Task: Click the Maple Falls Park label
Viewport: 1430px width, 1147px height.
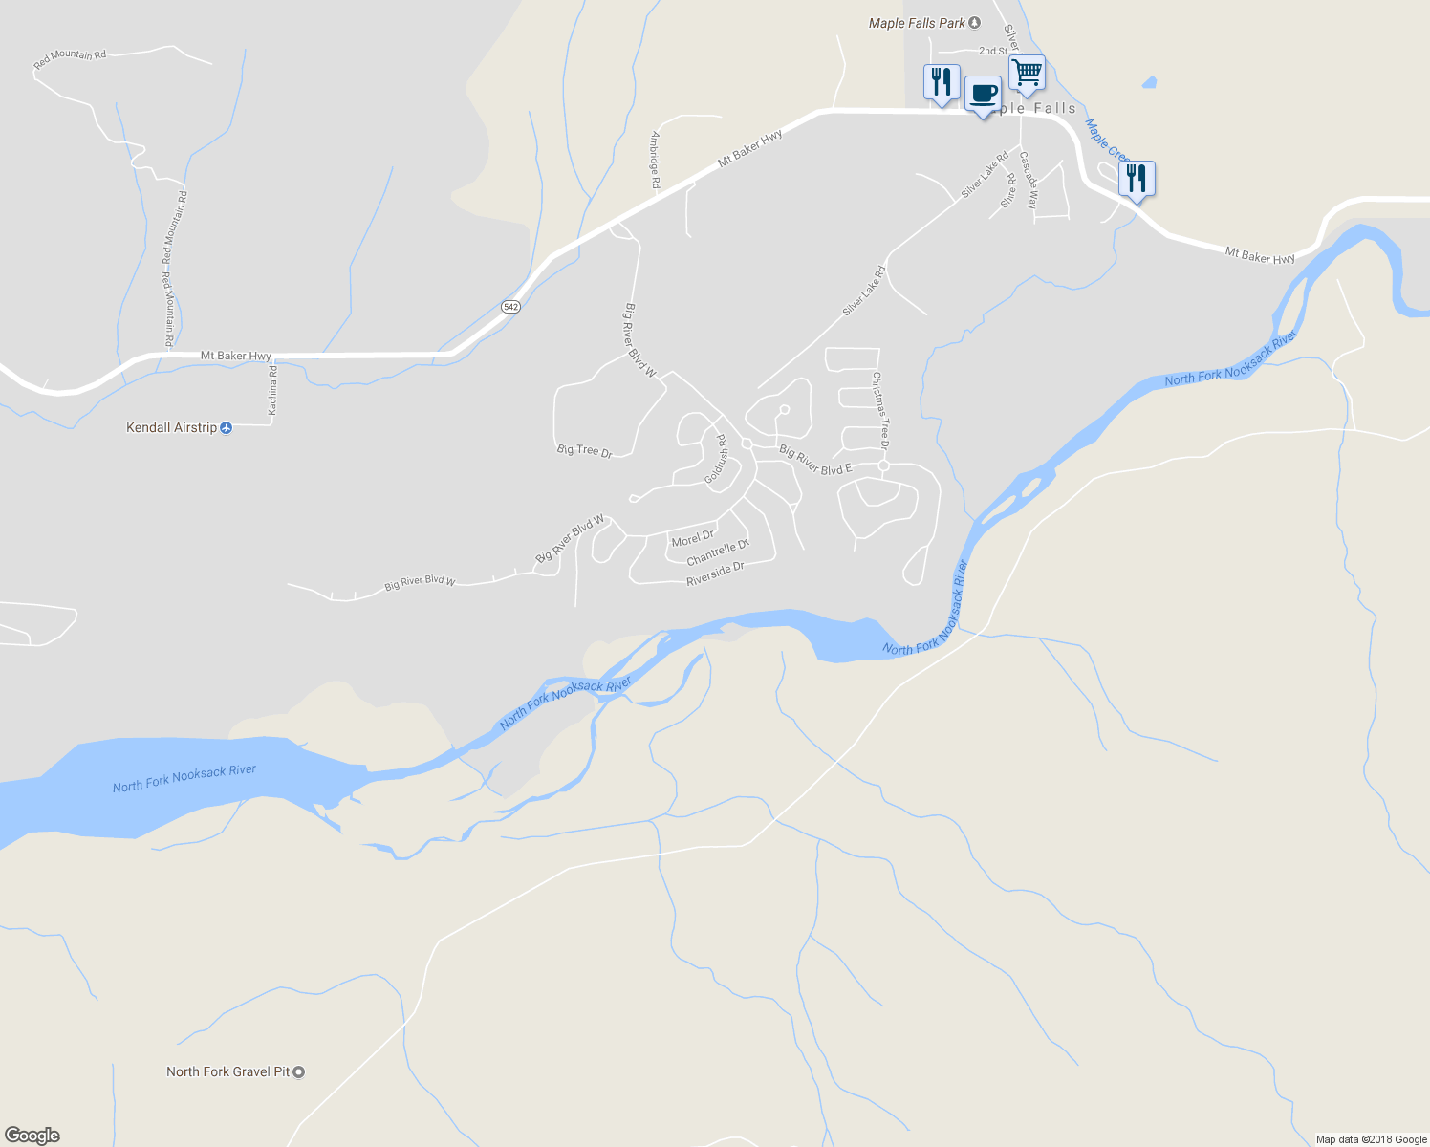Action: pyautogui.click(x=917, y=23)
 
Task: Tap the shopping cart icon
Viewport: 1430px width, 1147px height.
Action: pyautogui.click(x=1027, y=72)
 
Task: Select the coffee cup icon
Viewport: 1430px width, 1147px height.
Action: pyautogui.click(x=983, y=94)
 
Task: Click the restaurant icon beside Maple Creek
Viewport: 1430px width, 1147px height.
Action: pyautogui.click(x=1137, y=178)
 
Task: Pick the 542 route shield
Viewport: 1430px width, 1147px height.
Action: pyautogui.click(x=510, y=307)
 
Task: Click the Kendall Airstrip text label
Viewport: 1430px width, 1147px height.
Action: pyautogui.click(x=172, y=427)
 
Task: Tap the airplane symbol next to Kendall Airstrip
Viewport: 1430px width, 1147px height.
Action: pyautogui.click(x=227, y=427)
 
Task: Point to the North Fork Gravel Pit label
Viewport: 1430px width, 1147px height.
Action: pyautogui.click(x=227, y=1071)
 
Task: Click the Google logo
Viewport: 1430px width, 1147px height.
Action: pyautogui.click(x=32, y=1136)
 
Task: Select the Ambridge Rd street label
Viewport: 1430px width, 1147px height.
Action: pyautogui.click(x=656, y=160)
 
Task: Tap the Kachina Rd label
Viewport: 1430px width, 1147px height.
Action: pyautogui.click(x=272, y=390)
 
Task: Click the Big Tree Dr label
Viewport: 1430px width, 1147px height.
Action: pyautogui.click(x=584, y=450)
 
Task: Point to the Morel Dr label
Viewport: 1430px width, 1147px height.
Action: pyautogui.click(x=692, y=539)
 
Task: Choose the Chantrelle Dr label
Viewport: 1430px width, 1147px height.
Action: pyautogui.click(x=718, y=552)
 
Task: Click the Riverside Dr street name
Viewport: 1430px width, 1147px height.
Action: pyautogui.click(x=715, y=573)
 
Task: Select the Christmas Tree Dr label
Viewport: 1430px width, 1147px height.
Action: pyautogui.click(x=880, y=410)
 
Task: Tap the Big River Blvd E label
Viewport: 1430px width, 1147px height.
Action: pyautogui.click(x=815, y=460)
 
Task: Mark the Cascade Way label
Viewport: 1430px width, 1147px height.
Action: pyautogui.click(x=1029, y=180)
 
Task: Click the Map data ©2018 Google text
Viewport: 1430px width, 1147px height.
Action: pyautogui.click(x=1371, y=1139)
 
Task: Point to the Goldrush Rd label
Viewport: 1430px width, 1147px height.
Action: pyautogui.click(x=716, y=459)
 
